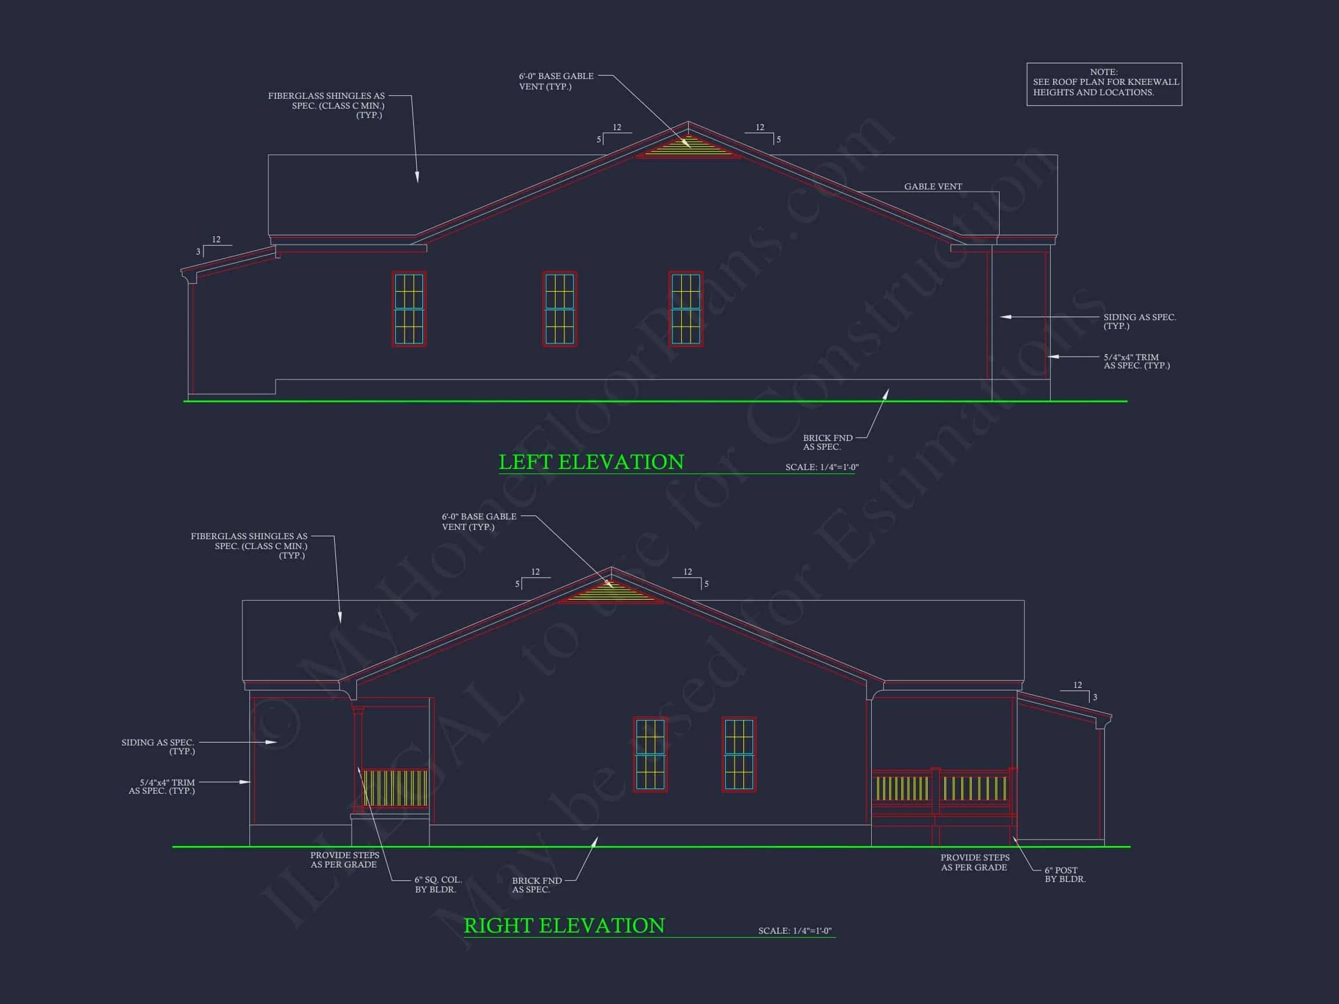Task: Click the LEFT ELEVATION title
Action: coord(591,462)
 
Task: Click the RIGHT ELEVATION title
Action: coord(564,926)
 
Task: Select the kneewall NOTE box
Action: coord(1104,84)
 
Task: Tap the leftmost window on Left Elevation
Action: coord(409,309)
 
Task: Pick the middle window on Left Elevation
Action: coord(559,309)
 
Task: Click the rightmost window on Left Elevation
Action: coord(685,309)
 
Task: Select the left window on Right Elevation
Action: coord(650,754)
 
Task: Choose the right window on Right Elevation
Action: coord(739,754)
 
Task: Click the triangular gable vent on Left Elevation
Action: coord(688,148)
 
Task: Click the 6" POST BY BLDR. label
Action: coord(1065,874)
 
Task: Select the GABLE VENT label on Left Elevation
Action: coord(932,187)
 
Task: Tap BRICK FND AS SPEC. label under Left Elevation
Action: coord(827,442)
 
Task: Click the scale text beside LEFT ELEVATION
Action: coord(821,467)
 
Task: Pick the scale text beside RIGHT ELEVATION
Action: coord(794,930)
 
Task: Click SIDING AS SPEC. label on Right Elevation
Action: coord(158,747)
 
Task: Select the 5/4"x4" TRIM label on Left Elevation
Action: coord(1136,361)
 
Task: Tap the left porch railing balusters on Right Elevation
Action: coord(395,787)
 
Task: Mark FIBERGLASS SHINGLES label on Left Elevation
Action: coord(325,105)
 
